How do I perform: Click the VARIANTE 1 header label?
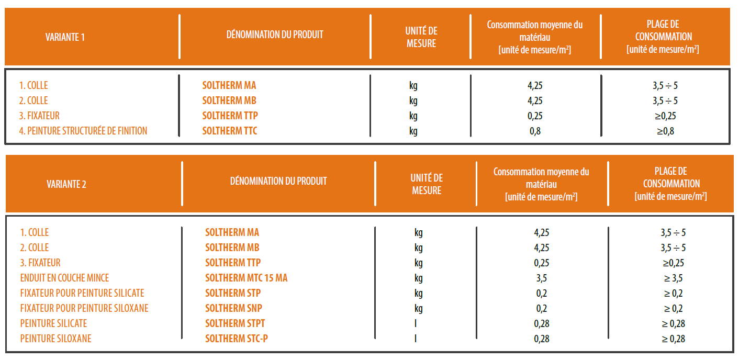pyautogui.click(x=65, y=37)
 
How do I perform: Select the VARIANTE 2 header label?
pyautogui.click(x=66, y=184)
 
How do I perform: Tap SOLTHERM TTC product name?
pyautogui.click(x=230, y=131)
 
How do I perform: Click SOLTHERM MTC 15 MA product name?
pyautogui.click(x=246, y=278)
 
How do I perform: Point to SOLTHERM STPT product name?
pyautogui.click(x=235, y=323)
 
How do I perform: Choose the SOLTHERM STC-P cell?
pyautogui.click(x=237, y=339)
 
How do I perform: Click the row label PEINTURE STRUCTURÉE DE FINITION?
pyautogui.click(x=83, y=131)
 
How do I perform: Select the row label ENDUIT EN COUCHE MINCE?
pyautogui.click(x=64, y=278)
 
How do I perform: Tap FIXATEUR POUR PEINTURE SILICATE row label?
pyautogui.click(x=82, y=293)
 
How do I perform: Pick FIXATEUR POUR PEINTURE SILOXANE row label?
pyautogui.click(x=84, y=308)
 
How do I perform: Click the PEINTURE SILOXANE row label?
pyautogui.click(x=55, y=339)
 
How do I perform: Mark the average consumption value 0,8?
pyautogui.click(x=535, y=131)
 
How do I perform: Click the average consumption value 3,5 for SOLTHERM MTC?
pyautogui.click(x=542, y=278)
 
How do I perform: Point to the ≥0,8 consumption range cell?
pyautogui.click(x=665, y=131)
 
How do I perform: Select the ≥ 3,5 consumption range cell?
pyautogui.click(x=673, y=278)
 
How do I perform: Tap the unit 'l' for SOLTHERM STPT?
pyautogui.click(x=416, y=323)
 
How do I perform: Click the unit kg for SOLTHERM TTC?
pyautogui.click(x=413, y=131)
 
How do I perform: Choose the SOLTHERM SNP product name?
pyautogui.click(x=233, y=308)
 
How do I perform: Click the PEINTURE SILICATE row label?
pyautogui.click(x=53, y=323)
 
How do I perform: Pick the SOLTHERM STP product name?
pyautogui.click(x=233, y=293)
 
